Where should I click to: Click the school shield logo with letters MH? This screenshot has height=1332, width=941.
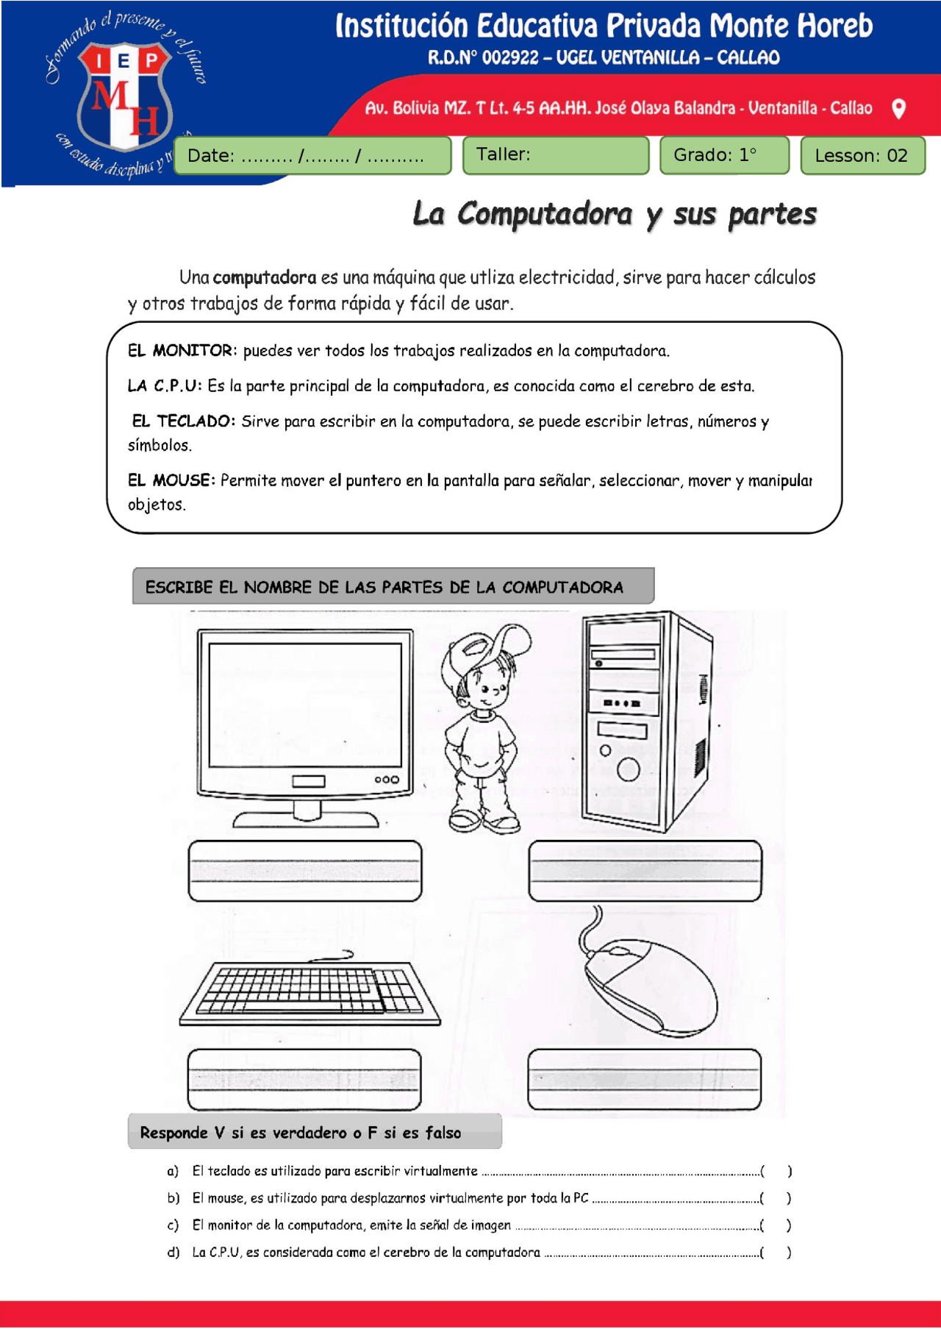click(x=124, y=96)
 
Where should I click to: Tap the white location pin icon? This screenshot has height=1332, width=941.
click(x=898, y=109)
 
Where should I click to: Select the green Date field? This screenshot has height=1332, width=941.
click(x=312, y=156)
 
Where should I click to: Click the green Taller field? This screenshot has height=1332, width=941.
click(x=555, y=155)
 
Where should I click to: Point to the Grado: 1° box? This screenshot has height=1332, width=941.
click(x=724, y=155)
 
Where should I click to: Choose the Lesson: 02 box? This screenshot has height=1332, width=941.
click(x=862, y=156)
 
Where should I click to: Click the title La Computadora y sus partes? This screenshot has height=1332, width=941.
click(x=614, y=214)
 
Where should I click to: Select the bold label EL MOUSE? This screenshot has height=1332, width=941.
click(x=171, y=481)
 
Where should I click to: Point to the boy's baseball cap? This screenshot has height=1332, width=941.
click(x=485, y=647)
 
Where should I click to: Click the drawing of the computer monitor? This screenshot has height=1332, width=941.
click(x=304, y=724)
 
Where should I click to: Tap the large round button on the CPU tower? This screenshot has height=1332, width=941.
click(x=628, y=769)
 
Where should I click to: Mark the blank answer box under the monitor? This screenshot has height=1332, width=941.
click(x=305, y=871)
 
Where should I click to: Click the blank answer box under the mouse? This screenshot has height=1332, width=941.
click(x=644, y=1079)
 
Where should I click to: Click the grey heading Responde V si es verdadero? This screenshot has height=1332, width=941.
click(x=315, y=1132)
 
